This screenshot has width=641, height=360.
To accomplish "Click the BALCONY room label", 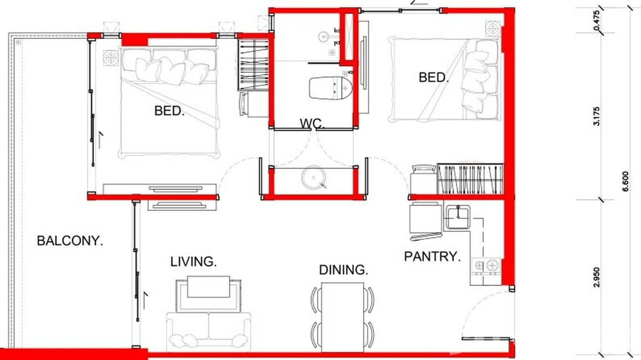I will click(x=70, y=241).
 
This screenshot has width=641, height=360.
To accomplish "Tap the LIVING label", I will click(x=193, y=262).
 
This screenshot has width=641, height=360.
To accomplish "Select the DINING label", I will click(x=343, y=270).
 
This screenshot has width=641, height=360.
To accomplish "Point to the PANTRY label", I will click(x=432, y=256).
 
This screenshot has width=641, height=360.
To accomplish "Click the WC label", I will click(x=312, y=124).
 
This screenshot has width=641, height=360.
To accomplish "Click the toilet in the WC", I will click(x=331, y=87).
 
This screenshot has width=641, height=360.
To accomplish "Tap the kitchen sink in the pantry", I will click(x=458, y=217).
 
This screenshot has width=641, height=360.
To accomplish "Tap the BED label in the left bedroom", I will click(x=169, y=111).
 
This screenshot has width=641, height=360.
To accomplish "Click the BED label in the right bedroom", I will click(x=434, y=77).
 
